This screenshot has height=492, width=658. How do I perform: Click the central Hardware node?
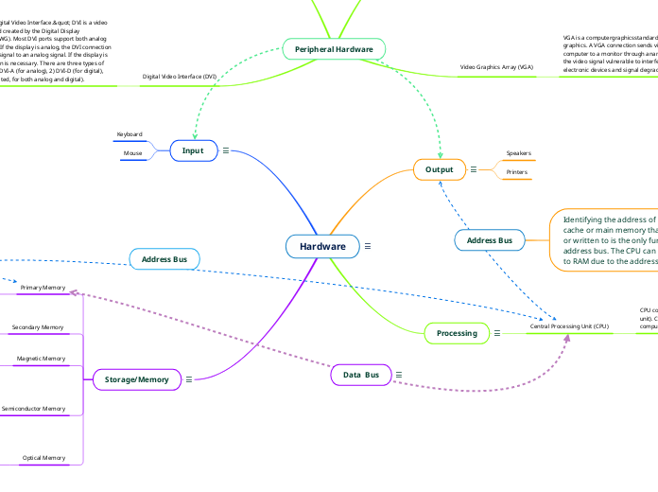point(322,246)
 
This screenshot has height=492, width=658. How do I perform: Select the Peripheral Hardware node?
point(334,48)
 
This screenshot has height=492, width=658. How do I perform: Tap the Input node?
point(192,149)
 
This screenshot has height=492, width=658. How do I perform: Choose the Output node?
point(439,169)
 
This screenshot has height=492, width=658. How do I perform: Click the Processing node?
point(457,333)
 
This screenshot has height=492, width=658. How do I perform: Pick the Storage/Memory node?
point(136,379)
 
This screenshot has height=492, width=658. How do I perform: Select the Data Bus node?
point(360,376)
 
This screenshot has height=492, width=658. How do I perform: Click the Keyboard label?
point(130,134)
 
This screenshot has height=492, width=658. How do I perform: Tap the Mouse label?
point(132,152)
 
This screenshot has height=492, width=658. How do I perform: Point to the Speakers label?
point(518,152)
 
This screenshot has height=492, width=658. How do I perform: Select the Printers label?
point(517,172)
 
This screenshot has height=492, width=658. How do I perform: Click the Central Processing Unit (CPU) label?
point(569,325)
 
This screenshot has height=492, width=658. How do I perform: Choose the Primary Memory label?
point(43,287)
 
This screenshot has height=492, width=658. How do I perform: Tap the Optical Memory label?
point(44,458)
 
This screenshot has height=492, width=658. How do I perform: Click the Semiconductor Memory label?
point(34,409)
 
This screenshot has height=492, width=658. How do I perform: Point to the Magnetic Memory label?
point(42,359)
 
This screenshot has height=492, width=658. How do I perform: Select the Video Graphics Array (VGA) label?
point(496,68)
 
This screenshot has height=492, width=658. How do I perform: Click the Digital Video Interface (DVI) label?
point(179,76)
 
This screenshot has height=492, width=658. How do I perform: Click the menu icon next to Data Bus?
point(399,376)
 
